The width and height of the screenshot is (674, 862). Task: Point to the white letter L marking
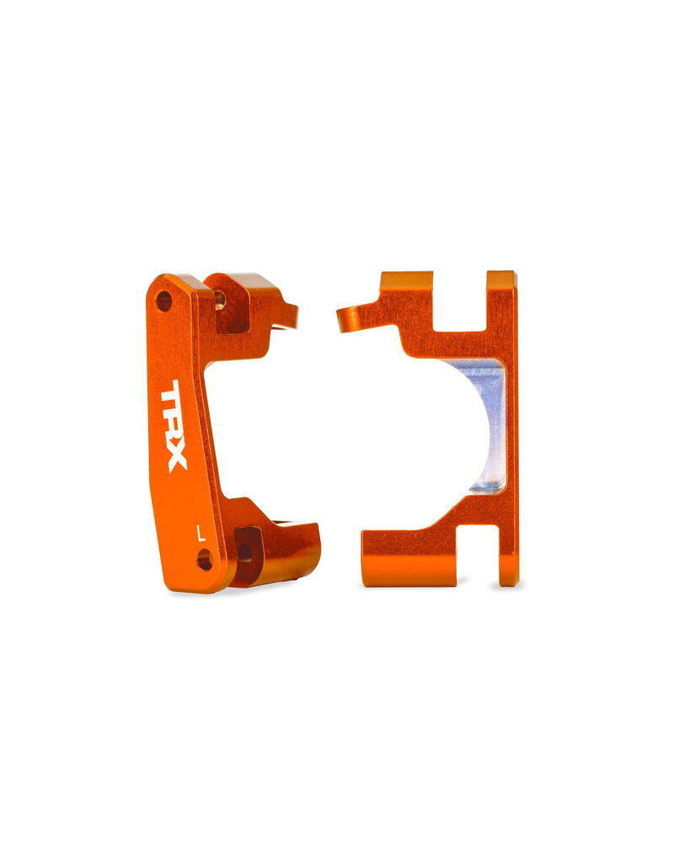200,532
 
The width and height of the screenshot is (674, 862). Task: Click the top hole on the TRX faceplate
163,301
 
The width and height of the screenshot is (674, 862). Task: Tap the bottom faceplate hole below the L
204,559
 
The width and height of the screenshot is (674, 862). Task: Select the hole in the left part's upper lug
220,298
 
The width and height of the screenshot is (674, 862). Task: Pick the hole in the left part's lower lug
244,551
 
